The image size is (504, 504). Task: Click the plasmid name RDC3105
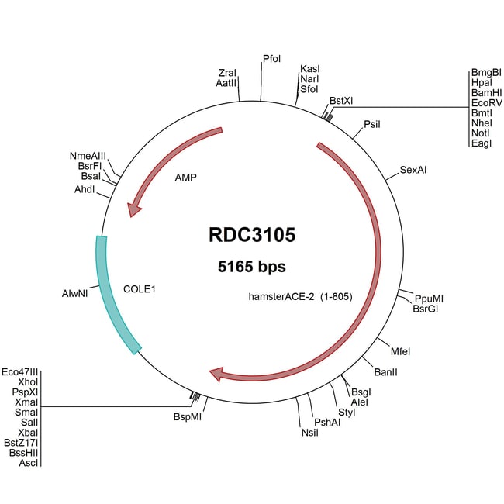252,235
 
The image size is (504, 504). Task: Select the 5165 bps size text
252,267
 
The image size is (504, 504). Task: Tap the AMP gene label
185,177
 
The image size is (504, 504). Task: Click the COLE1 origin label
140,289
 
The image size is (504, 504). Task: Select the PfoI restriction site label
271,59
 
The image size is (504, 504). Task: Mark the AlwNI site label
77,295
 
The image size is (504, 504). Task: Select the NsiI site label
309,432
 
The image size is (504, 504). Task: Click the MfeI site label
400,351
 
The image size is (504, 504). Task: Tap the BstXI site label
341,101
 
